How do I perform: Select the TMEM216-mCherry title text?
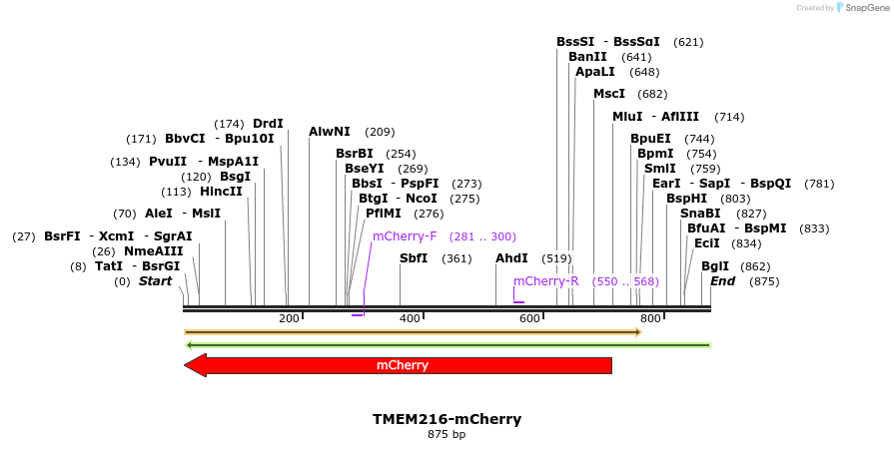(447, 419)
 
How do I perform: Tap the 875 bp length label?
(447, 435)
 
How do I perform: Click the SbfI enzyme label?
(414, 258)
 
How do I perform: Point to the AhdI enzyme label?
(511, 258)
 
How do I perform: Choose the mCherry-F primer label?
(405, 236)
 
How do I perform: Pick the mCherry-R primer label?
(546, 281)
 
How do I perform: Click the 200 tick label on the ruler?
(290, 318)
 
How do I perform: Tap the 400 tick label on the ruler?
(411, 318)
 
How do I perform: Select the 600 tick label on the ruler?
(530, 318)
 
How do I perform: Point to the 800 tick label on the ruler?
(651, 318)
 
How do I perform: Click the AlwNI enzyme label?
(330, 131)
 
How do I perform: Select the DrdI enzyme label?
(268, 124)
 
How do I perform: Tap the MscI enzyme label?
(609, 94)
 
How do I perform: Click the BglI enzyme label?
(715, 266)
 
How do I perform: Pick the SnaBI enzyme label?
(700, 214)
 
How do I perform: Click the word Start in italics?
(155, 281)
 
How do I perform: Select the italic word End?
(722, 281)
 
